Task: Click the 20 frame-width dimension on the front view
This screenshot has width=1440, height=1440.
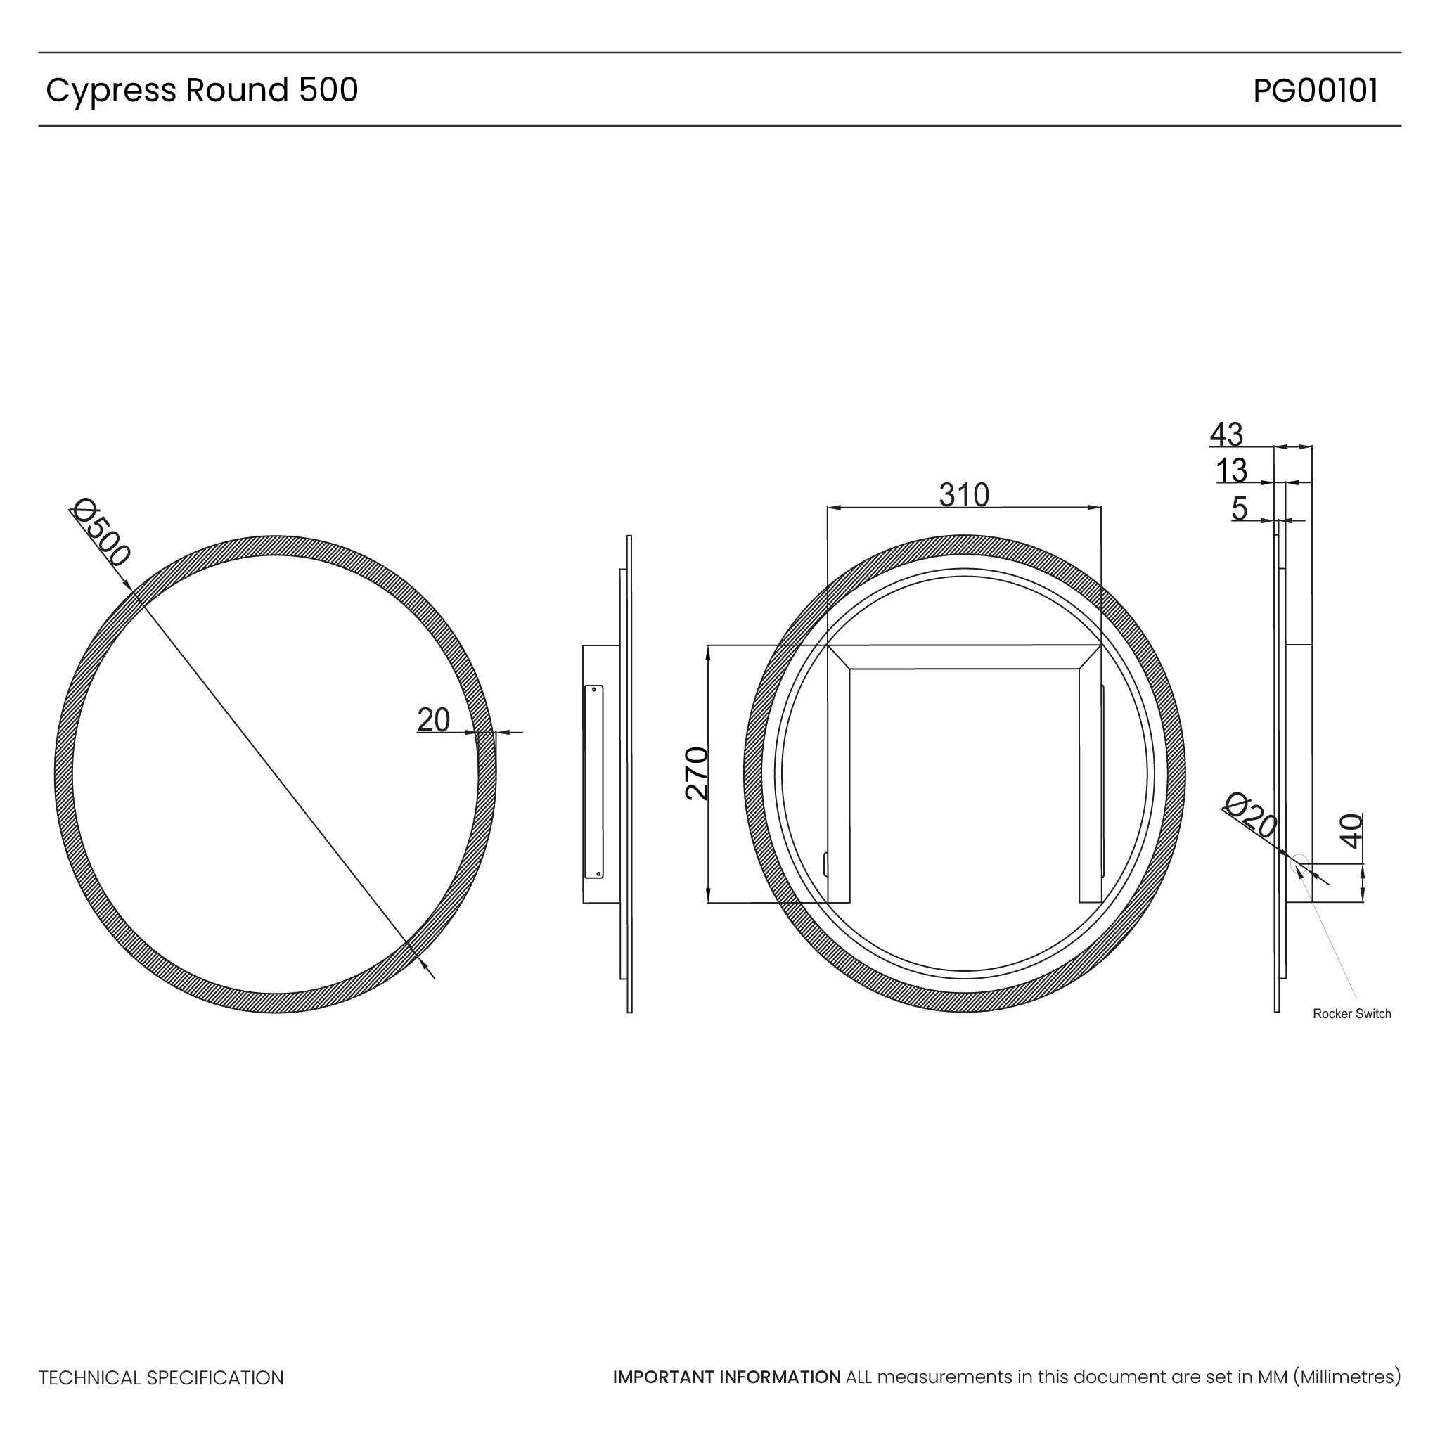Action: (433, 720)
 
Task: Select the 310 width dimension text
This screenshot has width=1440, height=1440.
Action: (964, 495)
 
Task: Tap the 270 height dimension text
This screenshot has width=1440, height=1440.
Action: (696, 773)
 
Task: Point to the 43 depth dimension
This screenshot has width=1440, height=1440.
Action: (1226, 434)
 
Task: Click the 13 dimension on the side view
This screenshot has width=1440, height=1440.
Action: (1230, 470)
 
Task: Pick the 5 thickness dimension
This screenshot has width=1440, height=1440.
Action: (1239, 508)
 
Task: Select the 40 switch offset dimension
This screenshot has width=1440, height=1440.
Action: (1351, 831)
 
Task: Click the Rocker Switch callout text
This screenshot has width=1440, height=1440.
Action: (1351, 1014)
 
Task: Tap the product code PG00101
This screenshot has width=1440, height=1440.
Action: (1315, 90)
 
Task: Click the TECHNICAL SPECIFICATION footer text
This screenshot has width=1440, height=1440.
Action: (161, 1378)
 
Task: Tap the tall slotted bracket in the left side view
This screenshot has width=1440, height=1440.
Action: (594, 781)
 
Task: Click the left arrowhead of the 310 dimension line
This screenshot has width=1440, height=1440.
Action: (833, 508)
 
